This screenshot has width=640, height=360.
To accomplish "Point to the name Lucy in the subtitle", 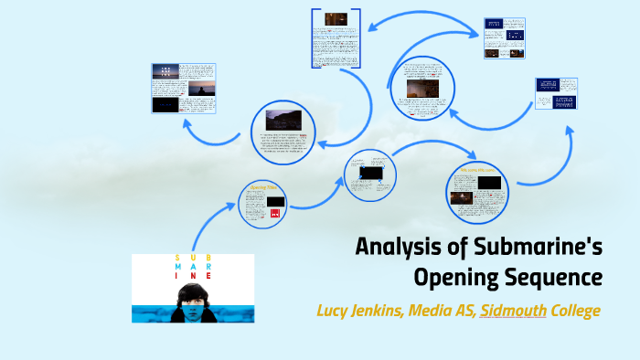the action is tap(335, 311).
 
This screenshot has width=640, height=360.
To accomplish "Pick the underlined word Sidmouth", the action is tap(514, 311).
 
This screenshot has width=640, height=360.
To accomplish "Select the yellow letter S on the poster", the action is tap(179, 258).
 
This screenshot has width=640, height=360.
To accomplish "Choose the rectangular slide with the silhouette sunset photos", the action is tap(184, 88).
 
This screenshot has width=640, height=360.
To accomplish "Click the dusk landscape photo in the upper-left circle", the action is tap(283, 121).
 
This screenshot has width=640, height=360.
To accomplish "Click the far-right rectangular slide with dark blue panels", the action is tap(557, 95).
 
